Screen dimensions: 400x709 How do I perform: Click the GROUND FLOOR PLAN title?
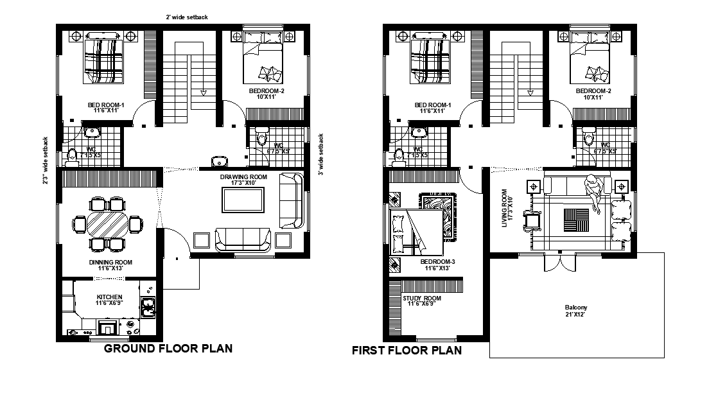coord(168,349)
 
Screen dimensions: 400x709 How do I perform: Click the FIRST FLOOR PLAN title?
coord(407,351)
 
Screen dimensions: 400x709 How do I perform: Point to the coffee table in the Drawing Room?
coord(242,201)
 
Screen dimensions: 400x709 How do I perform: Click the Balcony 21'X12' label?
coord(576,311)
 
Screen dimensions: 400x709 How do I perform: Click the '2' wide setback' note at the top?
coord(186,17)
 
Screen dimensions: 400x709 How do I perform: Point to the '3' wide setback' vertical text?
coord(320,155)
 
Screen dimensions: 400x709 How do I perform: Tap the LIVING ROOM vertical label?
coord(505,205)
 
